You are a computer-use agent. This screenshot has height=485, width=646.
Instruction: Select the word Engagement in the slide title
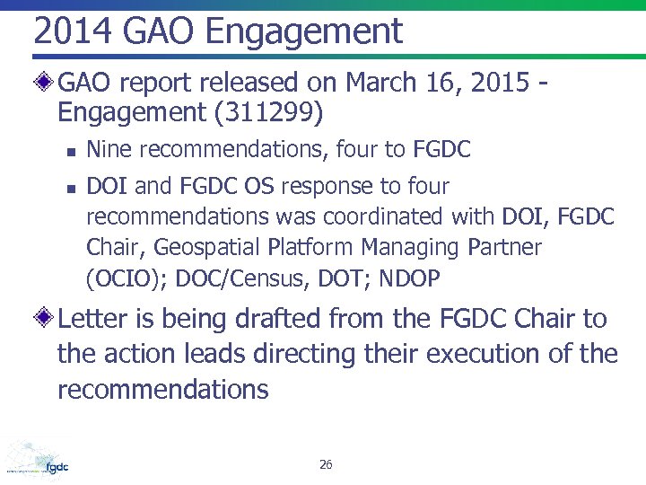pyautogui.click(x=306, y=32)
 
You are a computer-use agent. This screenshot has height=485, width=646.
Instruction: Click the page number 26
pyautogui.click(x=326, y=464)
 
